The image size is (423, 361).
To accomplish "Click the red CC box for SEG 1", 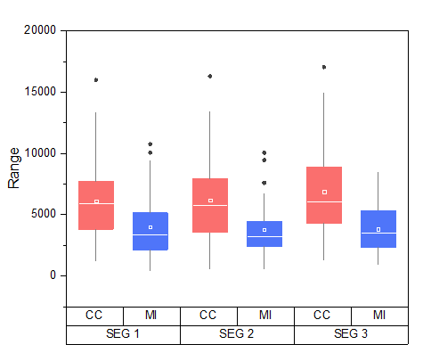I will coord(96,205).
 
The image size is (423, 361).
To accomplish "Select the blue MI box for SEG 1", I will coord(150,231).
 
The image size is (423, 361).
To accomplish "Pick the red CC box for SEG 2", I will coord(210,205).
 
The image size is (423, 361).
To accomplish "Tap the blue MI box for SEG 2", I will coord(264,234).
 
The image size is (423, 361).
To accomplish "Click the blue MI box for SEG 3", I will coord(378,228).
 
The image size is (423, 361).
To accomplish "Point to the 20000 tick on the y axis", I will coord(38,30).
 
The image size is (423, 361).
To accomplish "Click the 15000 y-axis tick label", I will coord(38,92).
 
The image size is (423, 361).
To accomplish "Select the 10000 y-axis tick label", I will coord(38,153).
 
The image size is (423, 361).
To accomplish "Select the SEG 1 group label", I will coord(123,334).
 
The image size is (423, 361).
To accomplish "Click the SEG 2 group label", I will coord(237,334).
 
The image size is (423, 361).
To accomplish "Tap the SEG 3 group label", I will coord(351,334).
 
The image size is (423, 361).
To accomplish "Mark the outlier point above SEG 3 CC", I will coord(323,67).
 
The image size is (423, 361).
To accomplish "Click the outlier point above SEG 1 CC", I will coord(96,80).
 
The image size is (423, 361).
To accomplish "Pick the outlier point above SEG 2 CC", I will coord(210,77).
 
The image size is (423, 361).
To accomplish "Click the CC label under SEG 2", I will coord(208,315).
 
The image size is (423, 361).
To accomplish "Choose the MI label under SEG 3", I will coord(379,315).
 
